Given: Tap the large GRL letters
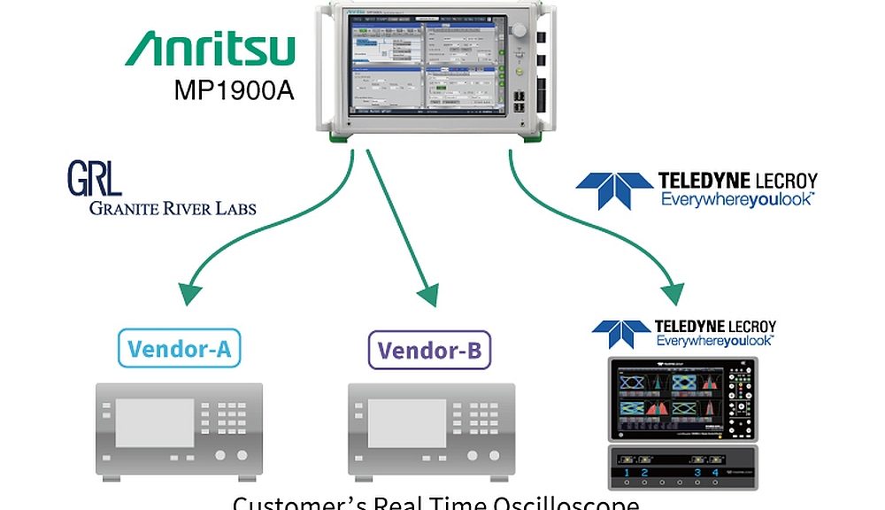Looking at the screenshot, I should click(94, 179).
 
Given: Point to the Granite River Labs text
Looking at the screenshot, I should click(172, 209).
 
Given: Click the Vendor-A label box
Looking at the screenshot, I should click(179, 349).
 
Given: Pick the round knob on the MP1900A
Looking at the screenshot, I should click(519, 30).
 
